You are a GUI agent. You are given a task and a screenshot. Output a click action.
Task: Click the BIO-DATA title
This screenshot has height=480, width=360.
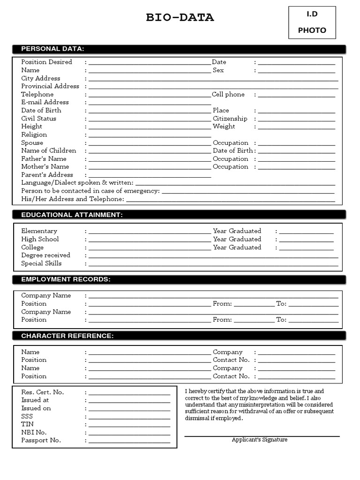point(180,18)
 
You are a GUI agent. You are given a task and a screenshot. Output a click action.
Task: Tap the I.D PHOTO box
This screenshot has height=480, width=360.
point(312,22)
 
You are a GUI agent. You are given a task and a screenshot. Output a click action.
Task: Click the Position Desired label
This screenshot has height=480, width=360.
point(46,62)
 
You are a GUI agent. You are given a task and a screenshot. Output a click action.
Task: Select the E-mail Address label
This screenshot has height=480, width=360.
point(45,102)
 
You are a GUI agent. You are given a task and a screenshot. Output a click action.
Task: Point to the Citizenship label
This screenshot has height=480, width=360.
point(230,119)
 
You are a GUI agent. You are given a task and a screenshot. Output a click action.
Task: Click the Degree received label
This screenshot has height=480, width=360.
point(45,255)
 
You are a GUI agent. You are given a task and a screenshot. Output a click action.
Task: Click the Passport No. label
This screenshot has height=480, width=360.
point(41,441)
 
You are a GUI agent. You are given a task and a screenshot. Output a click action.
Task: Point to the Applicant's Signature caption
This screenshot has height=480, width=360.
point(259,440)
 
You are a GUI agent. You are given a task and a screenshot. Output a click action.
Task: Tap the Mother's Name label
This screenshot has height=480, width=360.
point(45,167)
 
